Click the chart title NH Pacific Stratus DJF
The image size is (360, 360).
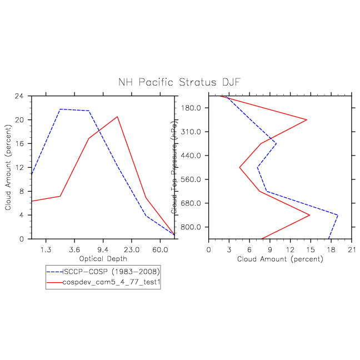tap(179, 82)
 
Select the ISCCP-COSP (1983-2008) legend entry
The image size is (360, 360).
tap(111, 272)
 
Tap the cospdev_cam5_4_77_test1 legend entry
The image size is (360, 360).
tap(111, 282)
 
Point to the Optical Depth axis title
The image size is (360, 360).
tap(103, 259)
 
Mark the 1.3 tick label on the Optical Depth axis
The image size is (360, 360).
tap(46, 249)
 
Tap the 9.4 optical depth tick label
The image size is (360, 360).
tap(103, 249)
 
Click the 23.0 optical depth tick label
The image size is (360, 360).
tap(132, 249)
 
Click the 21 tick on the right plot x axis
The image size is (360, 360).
tap(351, 249)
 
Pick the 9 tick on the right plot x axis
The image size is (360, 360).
tap(269, 249)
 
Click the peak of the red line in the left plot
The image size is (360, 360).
tap(117, 117)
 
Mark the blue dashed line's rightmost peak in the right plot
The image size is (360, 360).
tap(337, 215)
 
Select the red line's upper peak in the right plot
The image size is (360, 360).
tap(307, 119)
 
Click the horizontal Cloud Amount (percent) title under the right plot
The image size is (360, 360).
tap(280, 259)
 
